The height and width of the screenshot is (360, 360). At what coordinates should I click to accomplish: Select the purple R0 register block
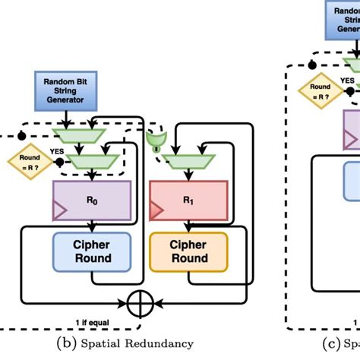(x=92, y=203)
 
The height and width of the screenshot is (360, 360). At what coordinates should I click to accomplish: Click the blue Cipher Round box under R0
(x=92, y=251)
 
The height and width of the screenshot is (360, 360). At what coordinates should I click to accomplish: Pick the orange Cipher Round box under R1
(x=189, y=251)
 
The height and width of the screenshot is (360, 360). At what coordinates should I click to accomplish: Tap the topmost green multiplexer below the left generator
(x=92, y=135)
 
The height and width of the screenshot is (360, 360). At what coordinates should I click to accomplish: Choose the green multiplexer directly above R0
(x=92, y=160)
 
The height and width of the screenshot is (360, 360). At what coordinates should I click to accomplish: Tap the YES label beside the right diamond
(x=346, y=80)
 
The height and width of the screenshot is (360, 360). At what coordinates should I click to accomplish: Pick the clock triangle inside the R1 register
(x=154, y=211)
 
